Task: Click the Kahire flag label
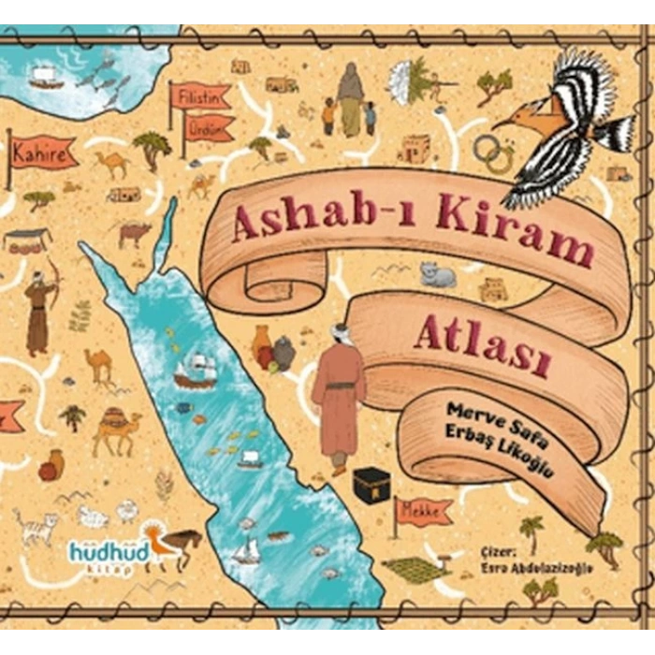pyautogui.click(x=44, y=154)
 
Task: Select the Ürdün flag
pyautogui.click(x=208, y=127)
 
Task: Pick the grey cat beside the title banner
pyautogui.click(x=437, y=275)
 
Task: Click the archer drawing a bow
pyautogui.click(x=41, y=309)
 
